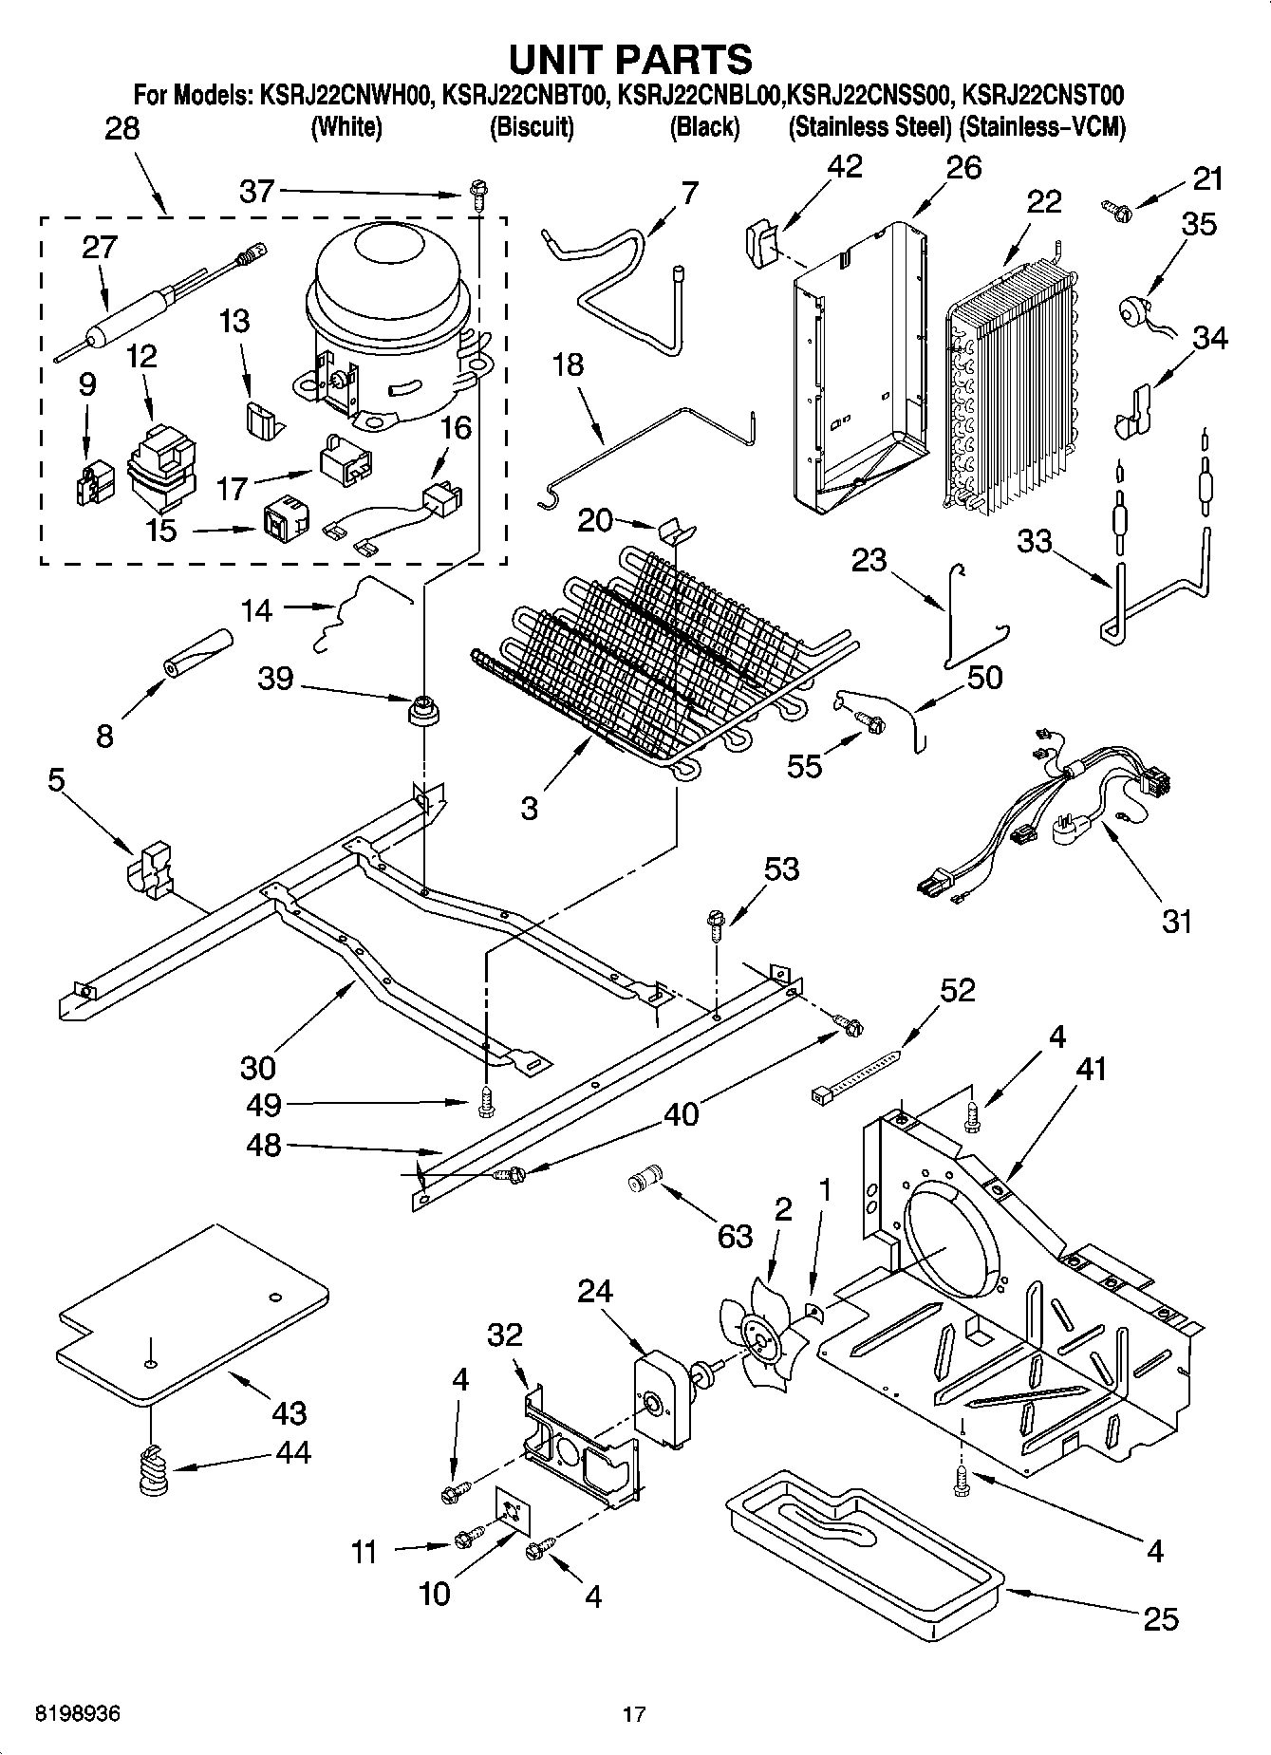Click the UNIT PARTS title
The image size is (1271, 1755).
coord(630,59)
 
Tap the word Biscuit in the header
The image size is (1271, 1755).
coord(532,128)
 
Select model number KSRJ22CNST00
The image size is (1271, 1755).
coord(1042,95)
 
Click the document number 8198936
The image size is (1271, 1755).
coord(77,1714)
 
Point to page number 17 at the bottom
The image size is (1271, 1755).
coord(634,1714)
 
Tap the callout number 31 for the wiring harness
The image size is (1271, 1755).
coord(1177,920)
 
